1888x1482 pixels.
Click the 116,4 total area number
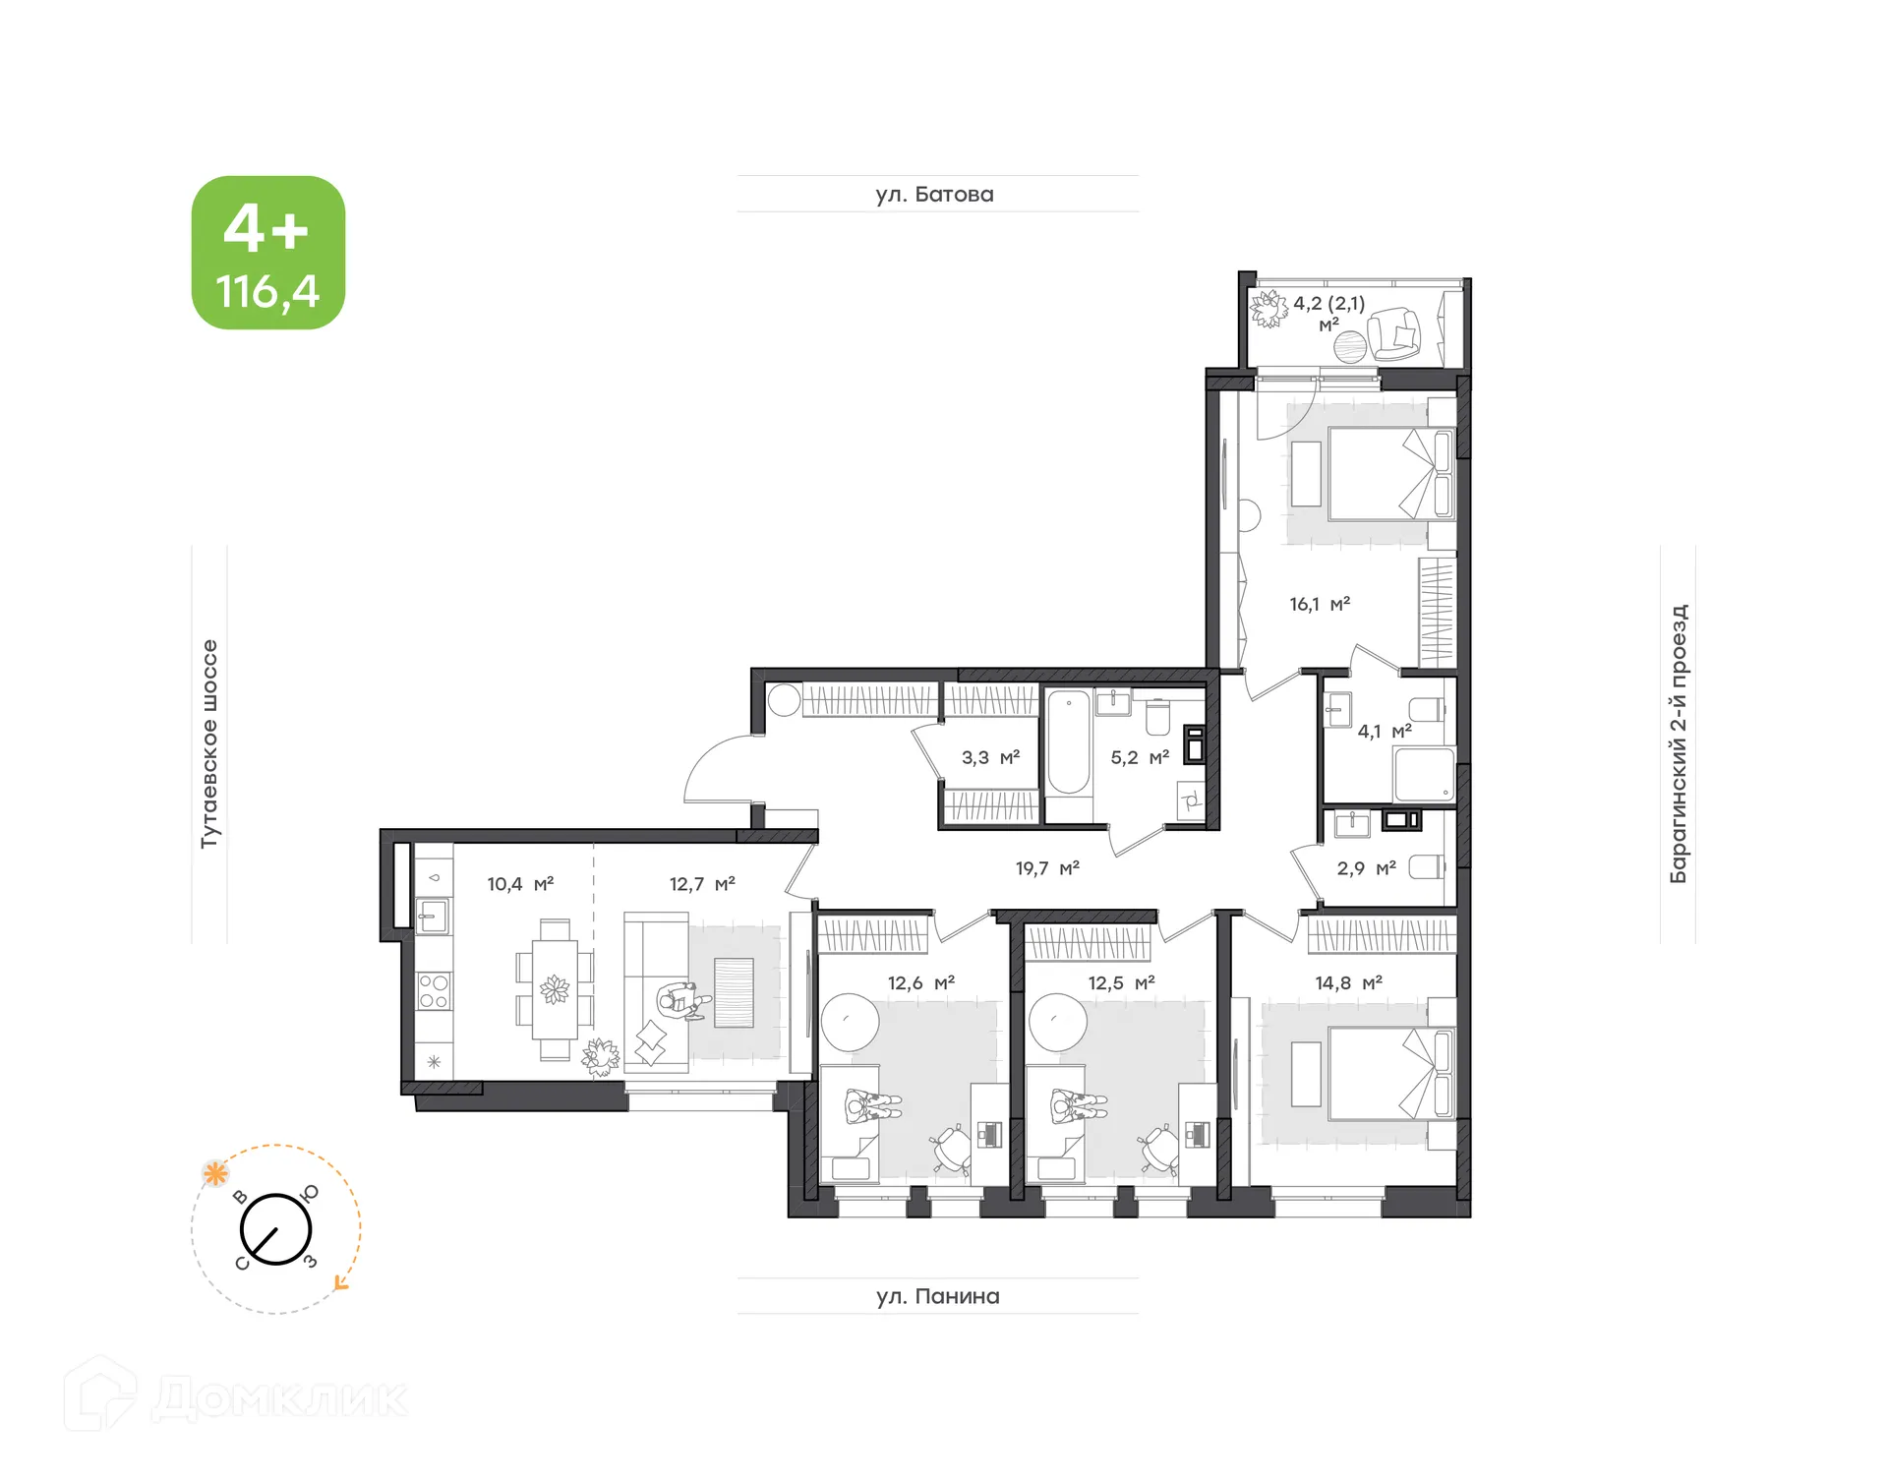point(267,292)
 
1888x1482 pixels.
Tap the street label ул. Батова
point(934,195)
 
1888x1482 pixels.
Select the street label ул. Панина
point(937,1296)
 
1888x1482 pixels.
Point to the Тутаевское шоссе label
point(209,743)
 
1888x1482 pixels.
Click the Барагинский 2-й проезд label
point(1678,743)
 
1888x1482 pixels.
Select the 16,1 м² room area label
point(1320,604)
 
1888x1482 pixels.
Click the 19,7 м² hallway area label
point(1047,868)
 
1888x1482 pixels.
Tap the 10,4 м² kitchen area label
point(520,884)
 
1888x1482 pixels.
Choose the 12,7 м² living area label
point(702,884)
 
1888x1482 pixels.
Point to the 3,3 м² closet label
point(990,757)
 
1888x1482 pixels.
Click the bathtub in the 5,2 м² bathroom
point(1068,742)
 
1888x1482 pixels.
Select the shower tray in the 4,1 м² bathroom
point(1423,775)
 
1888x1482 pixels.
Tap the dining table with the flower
point(555,989)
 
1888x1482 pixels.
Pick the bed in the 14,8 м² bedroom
point(1389,1074)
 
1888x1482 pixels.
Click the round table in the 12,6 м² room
point(850,1022)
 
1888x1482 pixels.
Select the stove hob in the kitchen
point(434,991)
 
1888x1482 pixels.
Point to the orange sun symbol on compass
point(215,1173)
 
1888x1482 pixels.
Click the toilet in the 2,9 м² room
point(1427,866)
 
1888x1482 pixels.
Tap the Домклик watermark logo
point(236,1397)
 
